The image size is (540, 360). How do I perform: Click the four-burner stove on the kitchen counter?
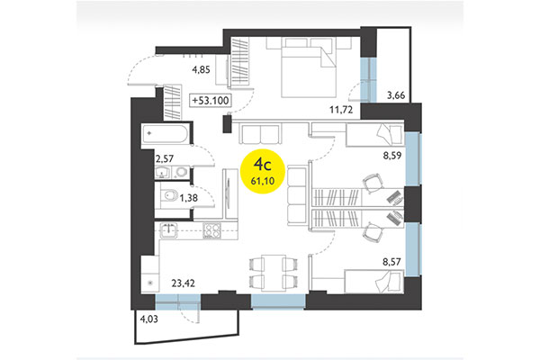click(x=211, y=230)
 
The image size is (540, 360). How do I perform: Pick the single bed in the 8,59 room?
click(x=373, y=137)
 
